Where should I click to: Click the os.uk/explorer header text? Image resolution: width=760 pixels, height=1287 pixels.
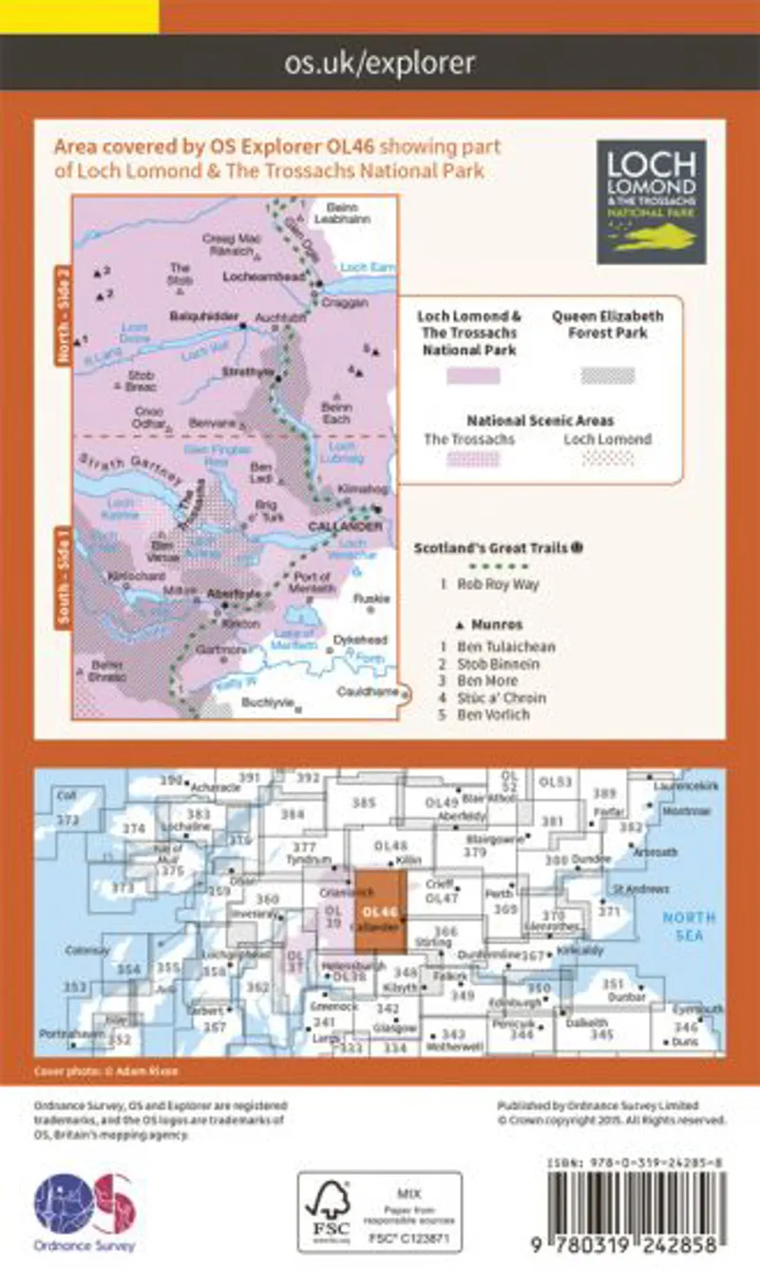point(379,64)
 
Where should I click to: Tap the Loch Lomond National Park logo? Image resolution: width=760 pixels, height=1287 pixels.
point(651,201)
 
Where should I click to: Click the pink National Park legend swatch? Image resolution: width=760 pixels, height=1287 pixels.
point(473,375)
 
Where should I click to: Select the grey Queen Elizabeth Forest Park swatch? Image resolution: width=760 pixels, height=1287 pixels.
point(608,375)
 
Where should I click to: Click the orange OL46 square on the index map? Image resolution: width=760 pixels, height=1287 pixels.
point(382,910)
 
